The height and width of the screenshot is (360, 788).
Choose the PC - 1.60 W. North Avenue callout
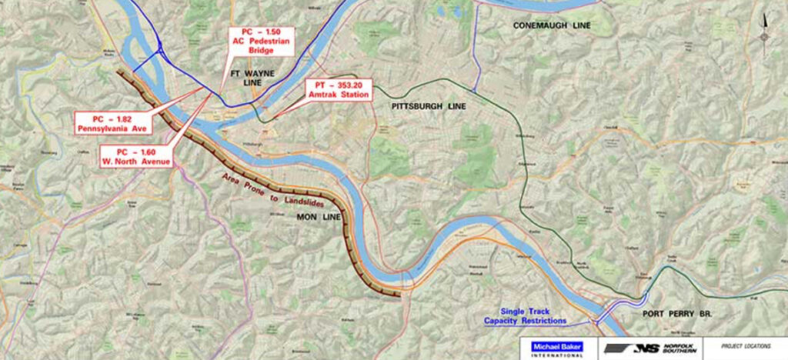click(x=136, y=155)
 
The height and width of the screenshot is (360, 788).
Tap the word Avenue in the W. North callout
click(x=154, y=161)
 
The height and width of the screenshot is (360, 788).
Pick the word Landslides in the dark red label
click(x=284, y=198)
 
